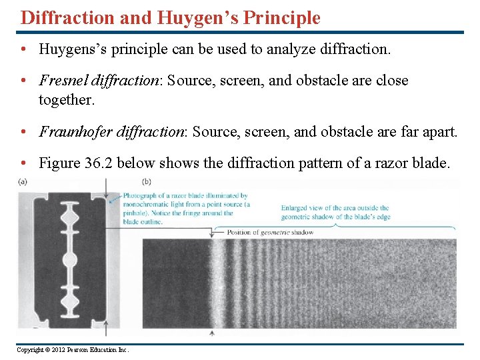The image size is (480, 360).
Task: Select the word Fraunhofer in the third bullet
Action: (x=71, y=131)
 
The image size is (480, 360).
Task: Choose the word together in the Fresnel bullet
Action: (x=67, y=100)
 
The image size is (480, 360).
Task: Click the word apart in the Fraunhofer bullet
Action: (x=439, y=131)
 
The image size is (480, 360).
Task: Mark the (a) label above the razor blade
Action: (x=23, y=182)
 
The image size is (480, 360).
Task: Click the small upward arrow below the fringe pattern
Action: (x=213, y=332)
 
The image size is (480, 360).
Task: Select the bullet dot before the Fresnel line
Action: (x=25, y=81)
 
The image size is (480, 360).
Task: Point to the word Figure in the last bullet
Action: (x=59, y=163)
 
